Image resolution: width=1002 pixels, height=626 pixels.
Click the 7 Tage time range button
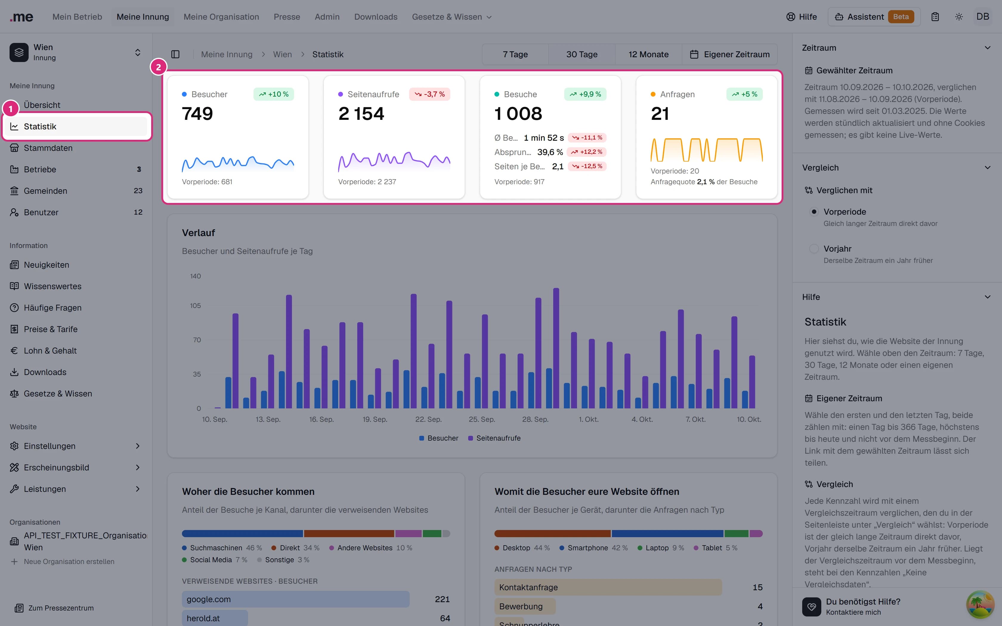[515, 54]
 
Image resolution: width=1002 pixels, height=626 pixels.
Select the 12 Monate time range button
[648, 54]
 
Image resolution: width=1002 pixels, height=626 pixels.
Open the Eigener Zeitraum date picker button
[729, 54]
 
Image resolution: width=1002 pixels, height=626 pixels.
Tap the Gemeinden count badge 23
[138, 191]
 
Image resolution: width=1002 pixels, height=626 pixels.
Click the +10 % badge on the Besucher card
[274, 94]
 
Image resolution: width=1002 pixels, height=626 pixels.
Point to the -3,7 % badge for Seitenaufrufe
[429, 94]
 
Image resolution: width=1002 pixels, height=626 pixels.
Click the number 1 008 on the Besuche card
[518, 114]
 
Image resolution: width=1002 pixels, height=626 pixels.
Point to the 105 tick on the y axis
[195, 306]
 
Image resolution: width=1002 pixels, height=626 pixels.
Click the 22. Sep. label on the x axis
[429, 419]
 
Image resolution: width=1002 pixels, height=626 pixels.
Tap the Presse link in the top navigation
[287, 17]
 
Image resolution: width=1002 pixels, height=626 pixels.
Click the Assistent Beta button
[874, 17]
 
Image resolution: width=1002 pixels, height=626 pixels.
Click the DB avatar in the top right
[983, 17]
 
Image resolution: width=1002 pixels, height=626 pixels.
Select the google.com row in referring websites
[296, 599]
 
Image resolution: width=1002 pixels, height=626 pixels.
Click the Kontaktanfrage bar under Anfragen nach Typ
[608, 587]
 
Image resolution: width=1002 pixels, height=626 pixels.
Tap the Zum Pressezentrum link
[54, 608]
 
